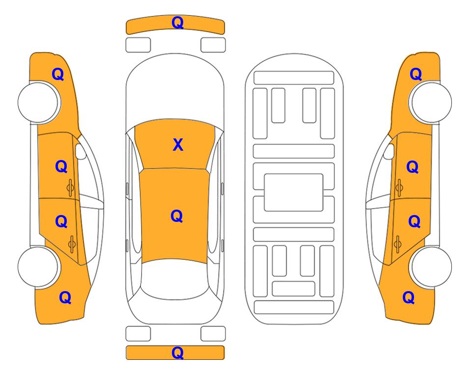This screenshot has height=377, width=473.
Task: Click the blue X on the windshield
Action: (178, 145)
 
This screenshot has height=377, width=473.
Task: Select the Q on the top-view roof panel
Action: (177, 216)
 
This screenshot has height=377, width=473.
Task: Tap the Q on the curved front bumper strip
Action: (177, 23)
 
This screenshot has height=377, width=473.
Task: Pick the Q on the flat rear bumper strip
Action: (177, 352)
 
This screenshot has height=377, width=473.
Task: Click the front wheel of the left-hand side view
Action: (39, 102)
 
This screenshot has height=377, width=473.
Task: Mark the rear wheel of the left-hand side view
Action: (39, 267)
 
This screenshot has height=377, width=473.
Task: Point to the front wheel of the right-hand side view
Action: (430, 102)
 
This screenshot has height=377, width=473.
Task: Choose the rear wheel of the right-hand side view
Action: (431, 267)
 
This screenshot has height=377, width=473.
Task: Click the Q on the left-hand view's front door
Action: (61, 166)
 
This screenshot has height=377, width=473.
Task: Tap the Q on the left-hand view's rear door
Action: (61, 222)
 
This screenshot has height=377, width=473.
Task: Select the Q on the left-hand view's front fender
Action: (58, 74)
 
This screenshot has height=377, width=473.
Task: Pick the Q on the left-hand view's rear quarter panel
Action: (65, 297)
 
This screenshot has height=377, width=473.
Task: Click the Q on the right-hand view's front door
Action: (413, 167)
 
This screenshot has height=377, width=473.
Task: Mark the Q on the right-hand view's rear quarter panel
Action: (409, 297)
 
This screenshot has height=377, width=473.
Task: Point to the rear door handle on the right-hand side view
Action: (397, 244)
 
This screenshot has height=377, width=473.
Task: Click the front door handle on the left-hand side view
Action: (70, 188)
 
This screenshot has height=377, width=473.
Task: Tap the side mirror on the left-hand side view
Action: (81, 151)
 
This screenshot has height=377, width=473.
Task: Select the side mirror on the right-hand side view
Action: (389, 151)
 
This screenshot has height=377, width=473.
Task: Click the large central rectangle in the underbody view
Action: (294, 192)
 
